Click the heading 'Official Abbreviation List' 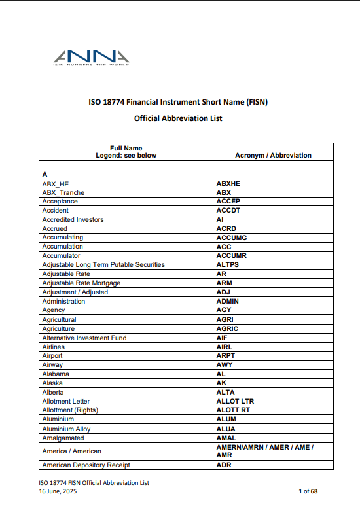(x=178, y=118)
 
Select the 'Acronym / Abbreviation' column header (x=273, y=156)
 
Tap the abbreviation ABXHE (x=228, y=184)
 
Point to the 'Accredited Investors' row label (x=73, y=220)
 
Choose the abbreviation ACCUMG (x=231, y=238)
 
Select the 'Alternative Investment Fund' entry (x=84, y=338)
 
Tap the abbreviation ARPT (x=225, y=356)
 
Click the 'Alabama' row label (x=55, y=374)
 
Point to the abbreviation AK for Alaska (x=221, y=383)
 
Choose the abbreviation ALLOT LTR (x=235, y=401)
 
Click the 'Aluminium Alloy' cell (x=65, y=429)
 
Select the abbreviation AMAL (x=226, y=438)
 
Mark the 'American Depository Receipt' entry (x=86, y=465)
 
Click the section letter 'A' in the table (x=45, y=175)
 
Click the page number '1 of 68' (x=308, y=491)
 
